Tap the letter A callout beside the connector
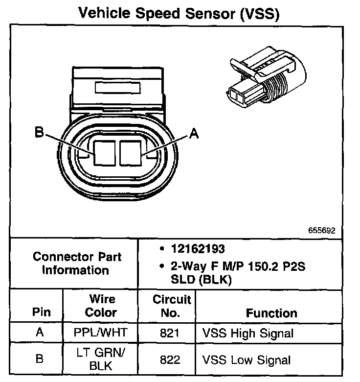click(194, 134)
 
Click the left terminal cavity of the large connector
click(104, 152)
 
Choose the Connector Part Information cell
click(77, 263)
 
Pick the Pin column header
click(41, 312)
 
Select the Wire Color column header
click(101, 306)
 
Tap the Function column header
click(271, 313)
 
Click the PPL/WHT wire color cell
click(101, 333)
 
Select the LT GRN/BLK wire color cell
click(101, 359)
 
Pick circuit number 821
click(170, 334)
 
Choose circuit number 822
click(170, 360)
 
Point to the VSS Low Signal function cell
click(247, 360)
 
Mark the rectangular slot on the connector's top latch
click(118, 88)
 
